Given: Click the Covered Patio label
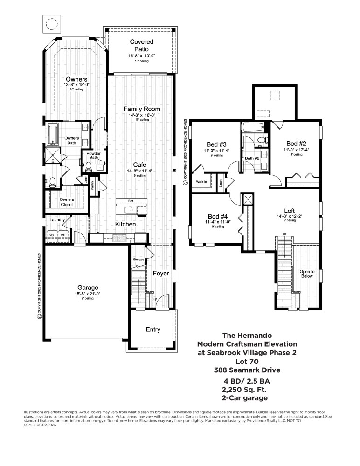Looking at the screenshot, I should tap(141, 45).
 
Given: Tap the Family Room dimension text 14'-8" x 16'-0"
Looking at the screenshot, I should tap(142, 115).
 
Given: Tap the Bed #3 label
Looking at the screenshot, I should tap(216, 144).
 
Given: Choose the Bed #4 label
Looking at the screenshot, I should tap(217, 216).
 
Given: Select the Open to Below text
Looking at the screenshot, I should tap(307, 274).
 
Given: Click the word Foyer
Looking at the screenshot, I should tap(161, 274).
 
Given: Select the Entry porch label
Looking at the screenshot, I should tap(153, 329).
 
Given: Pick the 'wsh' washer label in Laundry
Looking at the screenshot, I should tap(63, 234).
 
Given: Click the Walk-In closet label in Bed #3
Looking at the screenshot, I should tap(201, 182).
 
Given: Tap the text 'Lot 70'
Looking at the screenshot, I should tap(247, 361).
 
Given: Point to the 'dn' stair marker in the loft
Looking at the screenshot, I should tap(284, 234).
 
